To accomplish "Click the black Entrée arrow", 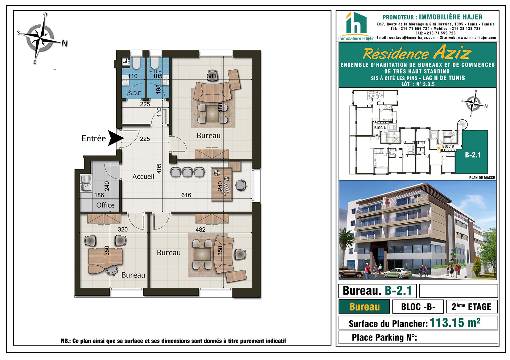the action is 115,138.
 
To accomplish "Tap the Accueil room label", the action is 143,176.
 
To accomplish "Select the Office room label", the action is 105,205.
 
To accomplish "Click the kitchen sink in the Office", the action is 86,184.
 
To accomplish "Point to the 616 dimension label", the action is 186,195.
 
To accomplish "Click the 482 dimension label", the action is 200,230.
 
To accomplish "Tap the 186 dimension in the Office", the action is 99,195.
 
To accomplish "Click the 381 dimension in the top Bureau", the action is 211,76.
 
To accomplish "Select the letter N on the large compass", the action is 65,43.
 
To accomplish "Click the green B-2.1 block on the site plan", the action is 471,152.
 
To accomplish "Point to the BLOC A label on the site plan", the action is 380,128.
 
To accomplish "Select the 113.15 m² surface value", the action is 455,323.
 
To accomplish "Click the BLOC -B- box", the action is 418,307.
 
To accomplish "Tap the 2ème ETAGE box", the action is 472,307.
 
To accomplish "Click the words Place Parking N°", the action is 384,337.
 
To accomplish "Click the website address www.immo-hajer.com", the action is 477,38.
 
